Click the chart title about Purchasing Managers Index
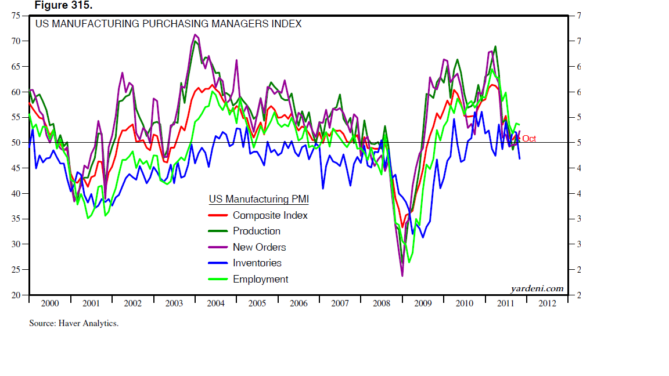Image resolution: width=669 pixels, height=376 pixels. [x=168, y=24]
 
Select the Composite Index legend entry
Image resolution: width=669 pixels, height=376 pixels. [x=270, y=215]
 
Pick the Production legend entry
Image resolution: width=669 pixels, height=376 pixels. [x=256, y=231]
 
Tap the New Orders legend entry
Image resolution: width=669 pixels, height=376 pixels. [x=259, y=247]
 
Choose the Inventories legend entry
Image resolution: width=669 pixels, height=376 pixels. [x=257, y=263]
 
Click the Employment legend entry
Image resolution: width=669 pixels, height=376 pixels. [x=260, y=279]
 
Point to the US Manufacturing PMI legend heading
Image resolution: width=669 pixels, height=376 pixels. [x=258, y=200]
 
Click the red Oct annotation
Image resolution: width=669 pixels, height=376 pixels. [x=528, y=139]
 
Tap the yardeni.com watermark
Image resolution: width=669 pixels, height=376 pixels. [x=537, y=288]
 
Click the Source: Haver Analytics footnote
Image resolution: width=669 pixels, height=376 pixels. [x=74, y=323]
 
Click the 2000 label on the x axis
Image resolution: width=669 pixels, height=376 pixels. [x=50, y=303]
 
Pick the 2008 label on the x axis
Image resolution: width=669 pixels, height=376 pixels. [x=381, y=303]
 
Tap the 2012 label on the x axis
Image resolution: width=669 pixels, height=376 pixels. [x=546, y=303]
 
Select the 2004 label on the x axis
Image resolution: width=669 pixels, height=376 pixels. [x=215, y=303]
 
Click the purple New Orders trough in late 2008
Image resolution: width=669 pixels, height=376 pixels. [x=402, y=275]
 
